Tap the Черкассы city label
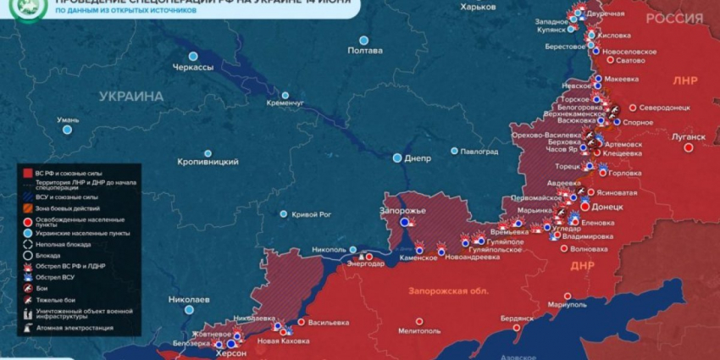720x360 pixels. (193, 67)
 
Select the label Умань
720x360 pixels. (68, 120)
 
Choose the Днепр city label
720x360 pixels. (418, 158)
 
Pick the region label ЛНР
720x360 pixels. (684, 81)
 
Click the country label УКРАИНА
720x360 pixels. (131, 97)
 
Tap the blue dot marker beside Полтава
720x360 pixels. (363, 40)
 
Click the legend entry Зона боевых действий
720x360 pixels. (67, 208)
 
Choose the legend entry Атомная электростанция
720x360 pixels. (74, 328)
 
